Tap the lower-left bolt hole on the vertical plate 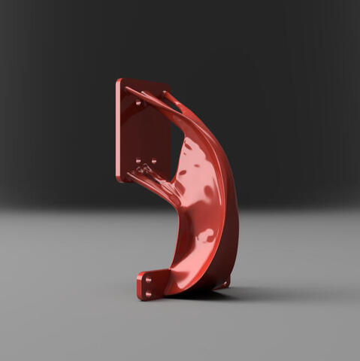(x=138, y=160)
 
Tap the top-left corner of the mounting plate (x=117, y=80)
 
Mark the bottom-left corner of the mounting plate (x=118, y=180)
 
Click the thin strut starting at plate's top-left (x=143, y=94)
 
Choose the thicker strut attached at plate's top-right (x=172, y=97)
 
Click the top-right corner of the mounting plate (x=168, y=83)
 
